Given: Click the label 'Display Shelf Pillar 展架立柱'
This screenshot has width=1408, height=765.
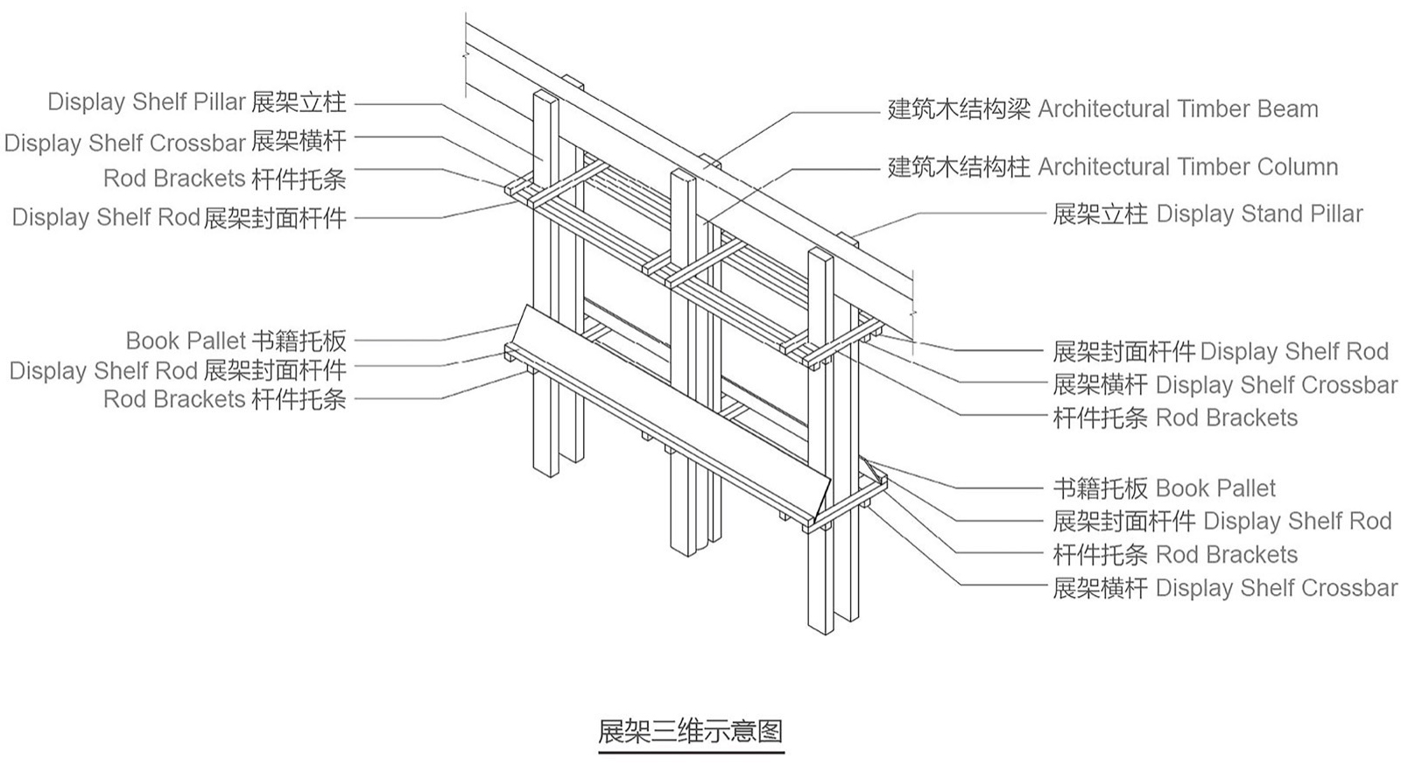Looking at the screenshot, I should coord(197,102).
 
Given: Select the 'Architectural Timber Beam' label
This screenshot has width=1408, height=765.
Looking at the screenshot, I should coord(1102,109).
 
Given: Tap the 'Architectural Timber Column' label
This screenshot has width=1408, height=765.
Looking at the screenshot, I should coord(1112,167).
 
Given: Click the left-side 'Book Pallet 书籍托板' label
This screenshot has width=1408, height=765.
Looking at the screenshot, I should coord(236,340).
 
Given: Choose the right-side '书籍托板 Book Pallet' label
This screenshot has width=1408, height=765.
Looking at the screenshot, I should coord(1164,488).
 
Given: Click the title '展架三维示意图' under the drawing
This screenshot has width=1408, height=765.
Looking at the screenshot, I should coord(690,731).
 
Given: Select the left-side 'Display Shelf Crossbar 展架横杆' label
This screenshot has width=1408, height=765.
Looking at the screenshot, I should coord(175,142).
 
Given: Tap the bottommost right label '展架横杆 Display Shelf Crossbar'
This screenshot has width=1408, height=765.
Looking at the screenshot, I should coord(1224,588).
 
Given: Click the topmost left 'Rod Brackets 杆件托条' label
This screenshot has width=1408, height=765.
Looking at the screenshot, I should coord(224,179).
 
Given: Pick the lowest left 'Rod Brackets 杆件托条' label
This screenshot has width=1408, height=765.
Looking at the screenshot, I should coord(224,399).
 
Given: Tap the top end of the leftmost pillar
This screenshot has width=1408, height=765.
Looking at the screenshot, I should coord(545,95).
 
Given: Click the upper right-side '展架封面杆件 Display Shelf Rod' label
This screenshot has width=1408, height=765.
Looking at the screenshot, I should coord(1220,352).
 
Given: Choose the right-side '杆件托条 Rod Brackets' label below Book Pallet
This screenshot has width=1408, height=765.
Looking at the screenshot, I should coord(1174,555).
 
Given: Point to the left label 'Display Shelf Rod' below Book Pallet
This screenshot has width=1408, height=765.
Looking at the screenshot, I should coord(178,370).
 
